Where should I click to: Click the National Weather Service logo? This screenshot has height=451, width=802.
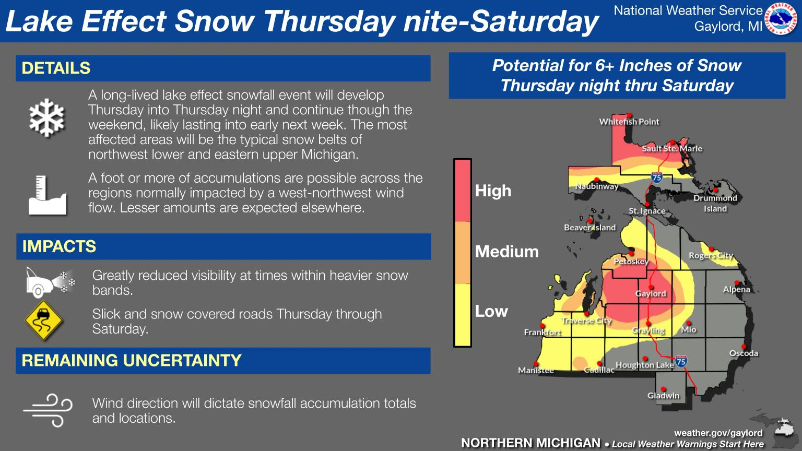click(x=781, y=19)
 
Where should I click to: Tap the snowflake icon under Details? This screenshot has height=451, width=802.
click(x=46, y=118)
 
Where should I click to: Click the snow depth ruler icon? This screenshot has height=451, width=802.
click(x=48, y=195)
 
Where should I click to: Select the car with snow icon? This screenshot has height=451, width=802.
click(x=50, y=282)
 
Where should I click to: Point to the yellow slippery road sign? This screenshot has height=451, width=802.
click(x=44, y=321)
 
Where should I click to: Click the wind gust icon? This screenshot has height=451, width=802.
click(x=48, y=411)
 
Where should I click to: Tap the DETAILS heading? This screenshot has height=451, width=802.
click(x=56, y=68)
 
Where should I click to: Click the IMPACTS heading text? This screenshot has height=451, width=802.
click(x=59, y=246)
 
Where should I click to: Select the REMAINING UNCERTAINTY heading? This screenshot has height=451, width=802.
click(x=132, y=361)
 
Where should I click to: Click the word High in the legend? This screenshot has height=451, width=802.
click(x=493, y=191)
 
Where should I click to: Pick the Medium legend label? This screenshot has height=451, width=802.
click(x=506, y=252)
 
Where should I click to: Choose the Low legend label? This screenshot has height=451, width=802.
click(x=491, y=312)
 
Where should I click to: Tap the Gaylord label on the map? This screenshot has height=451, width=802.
click(x=651, y=294)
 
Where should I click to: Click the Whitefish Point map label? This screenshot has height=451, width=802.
click(x=629, y=122)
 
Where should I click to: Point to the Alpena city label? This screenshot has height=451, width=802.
click(x=737, y=289)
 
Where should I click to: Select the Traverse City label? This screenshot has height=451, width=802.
click(x=586, y=321)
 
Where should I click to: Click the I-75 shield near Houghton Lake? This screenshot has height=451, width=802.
click(x=681, y=362)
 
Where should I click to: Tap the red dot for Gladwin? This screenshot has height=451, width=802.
click(x=663, y=389)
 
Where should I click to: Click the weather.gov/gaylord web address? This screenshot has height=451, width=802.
click(x=718, y=433)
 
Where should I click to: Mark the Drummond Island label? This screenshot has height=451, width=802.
click(x=715, y=203)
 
